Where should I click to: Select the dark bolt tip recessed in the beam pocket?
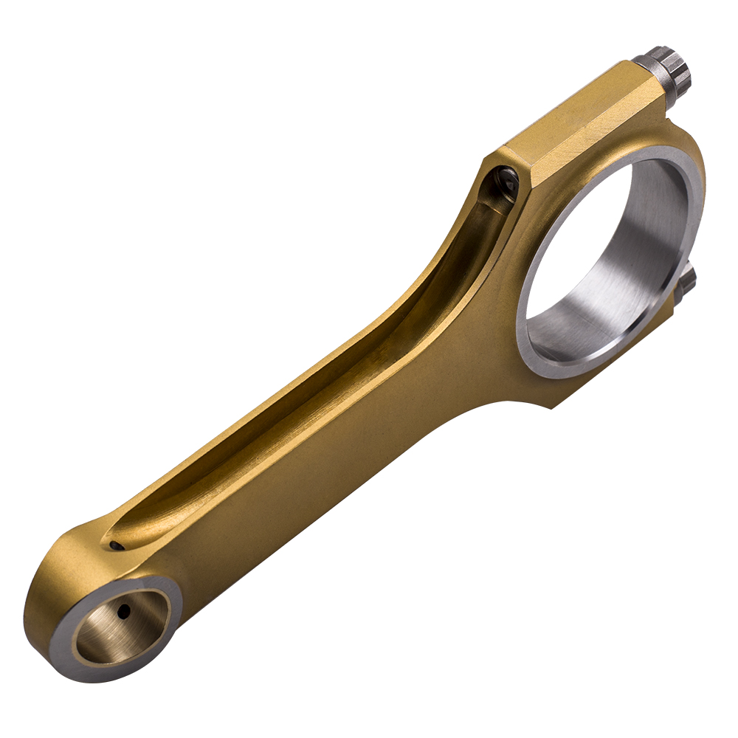508,179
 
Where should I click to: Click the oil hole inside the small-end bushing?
124,611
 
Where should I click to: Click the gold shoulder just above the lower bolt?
690,244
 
